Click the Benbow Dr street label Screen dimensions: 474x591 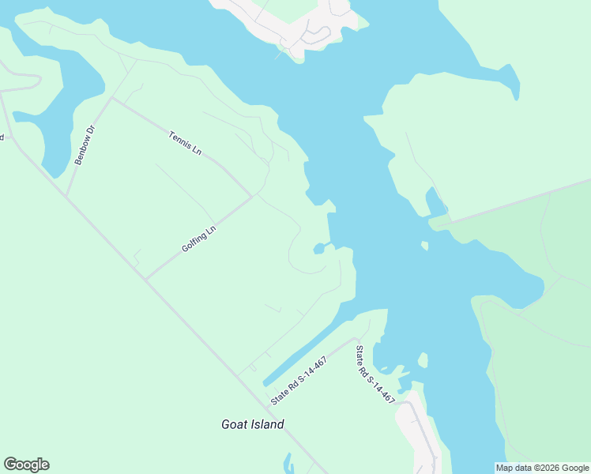point(85,145)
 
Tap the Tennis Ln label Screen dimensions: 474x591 point(186,145)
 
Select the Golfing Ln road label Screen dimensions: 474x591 point(198,239)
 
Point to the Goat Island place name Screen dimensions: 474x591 point(252,424)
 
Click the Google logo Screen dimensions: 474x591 point(26,465)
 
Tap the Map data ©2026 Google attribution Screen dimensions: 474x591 point(543,468)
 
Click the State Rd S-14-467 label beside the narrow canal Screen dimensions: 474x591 point(299,381)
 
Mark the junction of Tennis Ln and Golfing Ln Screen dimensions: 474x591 point(253,196)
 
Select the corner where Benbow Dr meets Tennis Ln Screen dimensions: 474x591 point(112,99)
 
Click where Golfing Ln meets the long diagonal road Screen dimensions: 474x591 point(145,278)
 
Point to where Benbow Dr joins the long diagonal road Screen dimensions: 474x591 point(66,197)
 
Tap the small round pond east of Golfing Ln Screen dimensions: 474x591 point(318,250)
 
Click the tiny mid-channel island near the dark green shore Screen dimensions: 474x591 point(424,246)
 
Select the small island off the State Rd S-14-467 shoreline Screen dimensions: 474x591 point(423,361)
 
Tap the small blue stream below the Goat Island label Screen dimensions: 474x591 point(289,461)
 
